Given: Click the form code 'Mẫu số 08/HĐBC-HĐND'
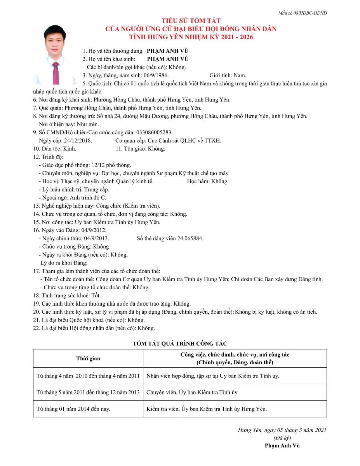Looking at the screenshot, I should pos(303,13).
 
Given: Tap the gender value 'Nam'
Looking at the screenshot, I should pos(240,75).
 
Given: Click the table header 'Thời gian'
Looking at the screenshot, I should pos(88,358).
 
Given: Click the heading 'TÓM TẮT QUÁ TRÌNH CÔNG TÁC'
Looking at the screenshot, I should pos(180,343).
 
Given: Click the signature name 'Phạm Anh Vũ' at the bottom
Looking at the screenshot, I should pos(282,445).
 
